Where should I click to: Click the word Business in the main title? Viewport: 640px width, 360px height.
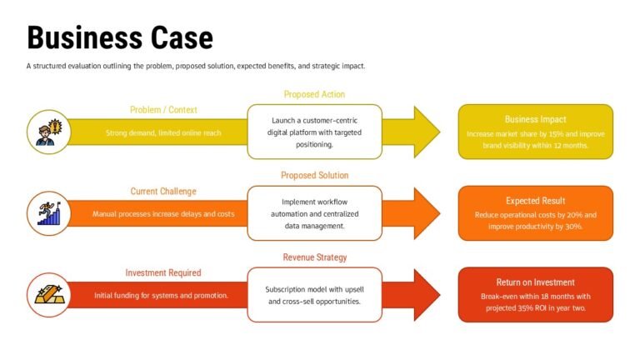tap(82, 37)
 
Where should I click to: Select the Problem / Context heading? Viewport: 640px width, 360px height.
tap(163, 110)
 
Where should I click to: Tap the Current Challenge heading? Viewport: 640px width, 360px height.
tap(163, 192)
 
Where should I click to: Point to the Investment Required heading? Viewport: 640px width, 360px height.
tap(163, 272)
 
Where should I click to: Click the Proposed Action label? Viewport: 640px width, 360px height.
tap(314, 94)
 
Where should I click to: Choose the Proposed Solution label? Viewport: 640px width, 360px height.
tap(314, 176)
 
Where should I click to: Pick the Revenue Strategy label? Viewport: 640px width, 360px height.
tap(314, 257)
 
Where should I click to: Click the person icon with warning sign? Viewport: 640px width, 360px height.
tap(48, 132)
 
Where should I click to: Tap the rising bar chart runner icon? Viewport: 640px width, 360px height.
tap(48, 213)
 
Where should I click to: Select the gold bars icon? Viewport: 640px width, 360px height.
tap(48, 295)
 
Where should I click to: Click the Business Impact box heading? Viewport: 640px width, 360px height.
tap(535, 119)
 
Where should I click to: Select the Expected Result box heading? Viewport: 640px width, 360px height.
tap(535, 201)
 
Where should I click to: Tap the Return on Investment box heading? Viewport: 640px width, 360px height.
tap(535, 282)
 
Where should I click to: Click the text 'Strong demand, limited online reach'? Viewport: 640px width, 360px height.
tap(163, 132)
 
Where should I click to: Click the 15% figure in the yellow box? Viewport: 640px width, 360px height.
tap(555, 133)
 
